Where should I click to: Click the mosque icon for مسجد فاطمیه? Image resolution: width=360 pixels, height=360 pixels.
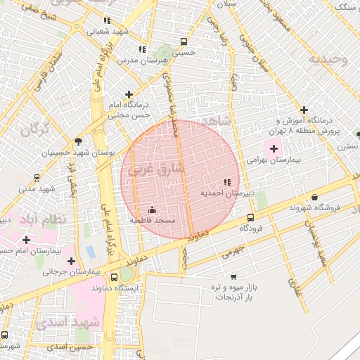point(152,210)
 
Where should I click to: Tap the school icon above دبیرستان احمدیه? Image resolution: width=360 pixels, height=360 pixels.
point(226,182)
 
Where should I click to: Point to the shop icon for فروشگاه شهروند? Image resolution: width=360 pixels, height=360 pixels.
point(314,197)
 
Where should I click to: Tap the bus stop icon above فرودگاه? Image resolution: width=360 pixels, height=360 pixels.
point(251,217)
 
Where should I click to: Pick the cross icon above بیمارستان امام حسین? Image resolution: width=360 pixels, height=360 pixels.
point(26,240)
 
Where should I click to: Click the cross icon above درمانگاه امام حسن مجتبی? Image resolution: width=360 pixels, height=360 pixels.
point(128,94)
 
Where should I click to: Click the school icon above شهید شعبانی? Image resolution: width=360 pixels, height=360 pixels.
point(107,20)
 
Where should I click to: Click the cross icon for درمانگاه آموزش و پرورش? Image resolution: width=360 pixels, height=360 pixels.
point(304,110)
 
